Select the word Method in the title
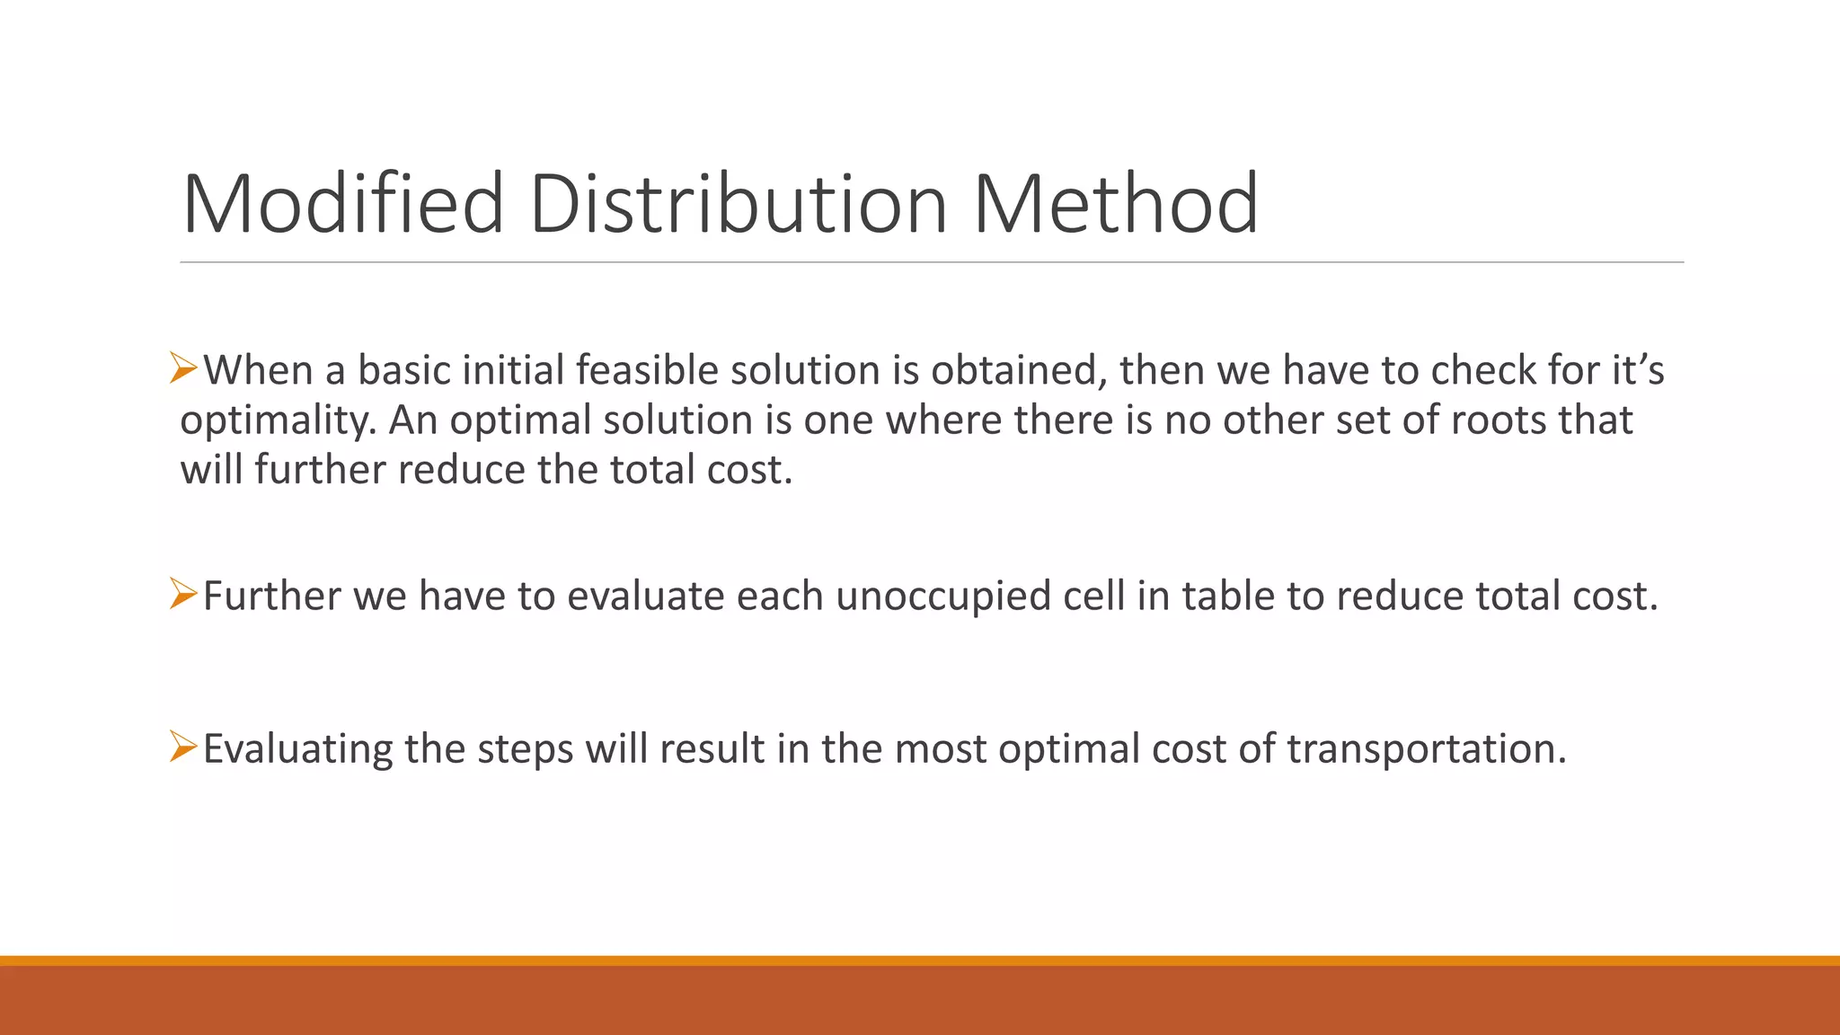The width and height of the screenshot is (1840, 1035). [x=1116, y=205]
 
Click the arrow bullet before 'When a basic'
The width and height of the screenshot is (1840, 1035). [x=183, y=369]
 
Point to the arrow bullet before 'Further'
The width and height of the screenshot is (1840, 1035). [x=183, y=595]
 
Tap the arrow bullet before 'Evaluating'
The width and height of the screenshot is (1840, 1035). [x=183, y=747]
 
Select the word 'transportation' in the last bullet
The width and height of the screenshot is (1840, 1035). [x=1427, y=749]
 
